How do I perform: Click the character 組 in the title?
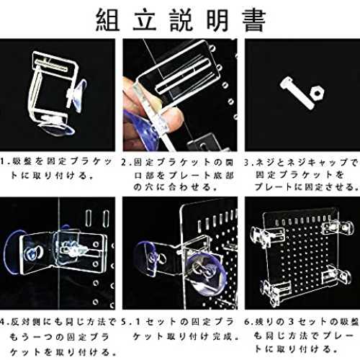[x=108, y=20]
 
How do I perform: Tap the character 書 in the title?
[x=254, y=20]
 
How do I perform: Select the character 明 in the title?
[x=217, y=20]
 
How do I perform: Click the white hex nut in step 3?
[x=317, y=92]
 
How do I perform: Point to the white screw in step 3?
[x=297, y=93]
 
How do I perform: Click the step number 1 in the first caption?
[x=2, y=161]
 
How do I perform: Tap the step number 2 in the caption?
[x=124, y=163]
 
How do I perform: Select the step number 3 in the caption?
[x=247, y=163]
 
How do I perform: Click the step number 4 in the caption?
[x=3, y=322]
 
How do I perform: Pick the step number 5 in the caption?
[x=124, y=322]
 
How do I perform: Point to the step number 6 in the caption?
[x=247, y=322]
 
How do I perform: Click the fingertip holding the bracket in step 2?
[x=174, y=117]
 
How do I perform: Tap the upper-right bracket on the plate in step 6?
[x=338, y=228]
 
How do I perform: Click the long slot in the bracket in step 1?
[x=51, y=66]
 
